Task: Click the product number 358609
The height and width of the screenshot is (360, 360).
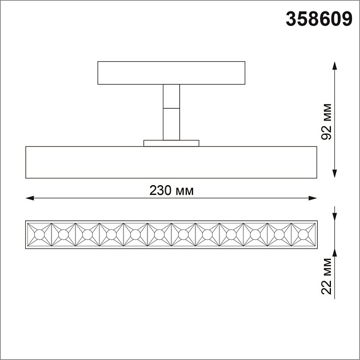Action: (x=319, y=19)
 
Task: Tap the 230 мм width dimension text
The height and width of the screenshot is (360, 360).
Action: (x=171, y=190)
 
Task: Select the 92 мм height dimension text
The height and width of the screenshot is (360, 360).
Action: (x=326, y=122)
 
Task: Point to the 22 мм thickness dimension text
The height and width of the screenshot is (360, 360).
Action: (x=326, y=277)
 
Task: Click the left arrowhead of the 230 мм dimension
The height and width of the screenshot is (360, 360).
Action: (x=30, y=198)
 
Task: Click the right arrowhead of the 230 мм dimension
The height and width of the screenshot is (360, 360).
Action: (x=313, y=198)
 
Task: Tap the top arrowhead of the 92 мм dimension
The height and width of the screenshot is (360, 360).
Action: (x=335, y=66)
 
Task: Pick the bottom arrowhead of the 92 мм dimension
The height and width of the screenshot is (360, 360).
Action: (x=335, y=174)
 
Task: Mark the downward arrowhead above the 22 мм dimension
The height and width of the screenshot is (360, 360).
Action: (x=335, y=217)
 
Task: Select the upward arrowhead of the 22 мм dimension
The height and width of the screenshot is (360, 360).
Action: (x=335, y=253)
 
